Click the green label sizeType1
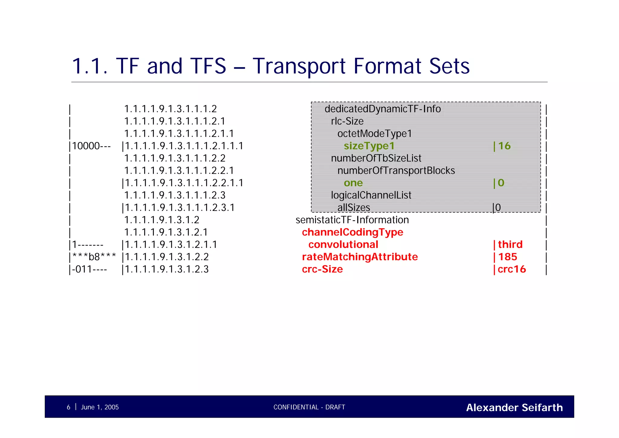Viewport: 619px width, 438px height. coord(369,146)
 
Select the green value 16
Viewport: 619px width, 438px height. coord(504,146)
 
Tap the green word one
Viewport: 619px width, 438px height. coord(353,183)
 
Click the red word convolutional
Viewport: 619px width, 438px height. coord(343,245)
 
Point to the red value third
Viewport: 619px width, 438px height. coord(510,245)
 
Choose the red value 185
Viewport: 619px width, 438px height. coord(507,257)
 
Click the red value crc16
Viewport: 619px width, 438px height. coord(511,269)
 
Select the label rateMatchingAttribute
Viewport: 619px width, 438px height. coord(360,257)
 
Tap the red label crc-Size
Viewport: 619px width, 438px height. coord(322,269)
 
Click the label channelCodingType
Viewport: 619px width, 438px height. coord(352,232)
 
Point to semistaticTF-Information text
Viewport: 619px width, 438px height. coord(352,220)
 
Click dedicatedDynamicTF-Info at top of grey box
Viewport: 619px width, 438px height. coord(382,109)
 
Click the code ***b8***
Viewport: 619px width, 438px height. coord(94,257)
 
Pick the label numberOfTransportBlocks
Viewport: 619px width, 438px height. coord(396,171)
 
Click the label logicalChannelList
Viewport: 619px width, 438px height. coord(371,195)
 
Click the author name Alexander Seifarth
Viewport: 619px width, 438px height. coord(514,407)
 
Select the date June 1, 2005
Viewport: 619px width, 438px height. coord(100,407)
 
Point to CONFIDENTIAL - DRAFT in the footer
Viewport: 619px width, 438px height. coord(309,407)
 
